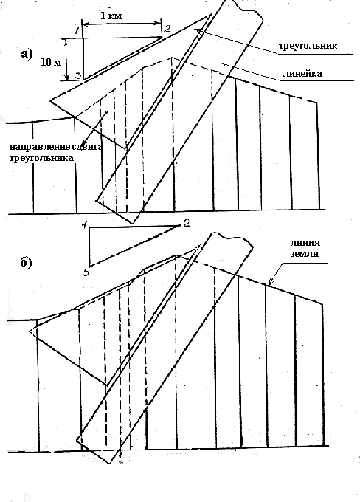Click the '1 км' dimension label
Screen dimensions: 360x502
pos(111,16)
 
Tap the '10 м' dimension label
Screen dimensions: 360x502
pos(51,62)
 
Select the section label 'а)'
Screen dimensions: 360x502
pos(27,54)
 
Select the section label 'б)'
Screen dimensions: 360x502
pos(27,263)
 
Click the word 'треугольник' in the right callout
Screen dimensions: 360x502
pos(308,46)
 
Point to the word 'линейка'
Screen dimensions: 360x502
pos(302,73)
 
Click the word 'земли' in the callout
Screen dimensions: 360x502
pos(305,253)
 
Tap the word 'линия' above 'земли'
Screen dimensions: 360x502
pos(305,242)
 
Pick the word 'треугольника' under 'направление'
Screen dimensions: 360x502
pos(41,158)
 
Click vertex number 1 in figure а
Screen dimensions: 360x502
pos(77,31)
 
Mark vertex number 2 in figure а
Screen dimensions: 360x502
pos(167,29)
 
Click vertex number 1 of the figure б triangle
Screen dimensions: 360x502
pos(84,224)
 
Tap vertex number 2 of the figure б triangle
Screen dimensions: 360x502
pos(187,223)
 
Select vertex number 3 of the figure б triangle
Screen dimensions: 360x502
pos(86,272)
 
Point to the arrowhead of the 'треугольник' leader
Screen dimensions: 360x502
pos(198,30)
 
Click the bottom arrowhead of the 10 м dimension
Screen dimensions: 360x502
pos(66,78)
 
